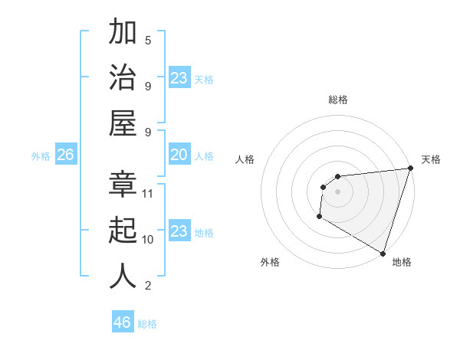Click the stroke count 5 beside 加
(148, 40)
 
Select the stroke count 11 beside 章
(148, 193)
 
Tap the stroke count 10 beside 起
(148, 239)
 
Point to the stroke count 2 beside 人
(148, 286)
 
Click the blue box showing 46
(123, 322)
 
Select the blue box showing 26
(65, 155)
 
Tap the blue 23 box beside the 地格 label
(179, 231)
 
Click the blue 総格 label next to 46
(147, 324)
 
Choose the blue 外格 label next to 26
(41, 156)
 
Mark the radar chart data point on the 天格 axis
(410, 169)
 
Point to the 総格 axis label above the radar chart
(337, 100)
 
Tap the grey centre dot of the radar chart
(337, 191)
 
